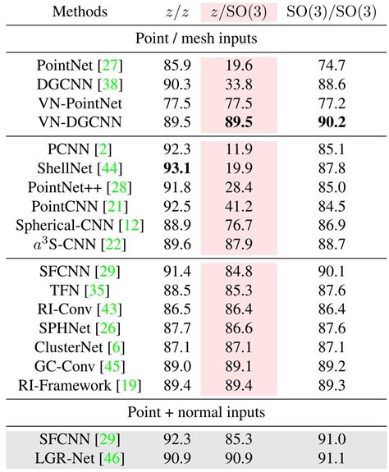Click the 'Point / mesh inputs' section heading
pyautogui.click(x=194, y=38)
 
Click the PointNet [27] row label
pyautogui.click(x=73, y=64)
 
